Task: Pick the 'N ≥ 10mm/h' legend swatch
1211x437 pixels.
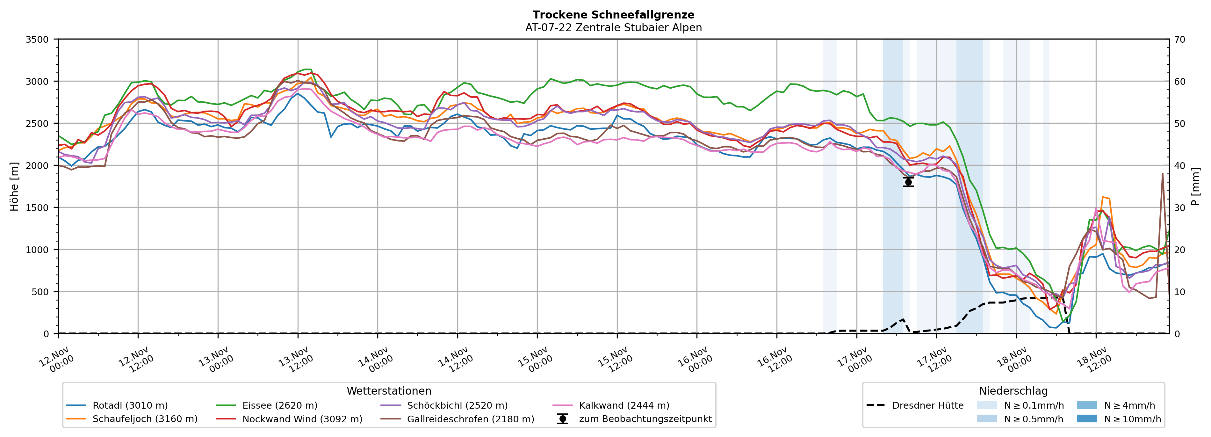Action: pos(1087,419)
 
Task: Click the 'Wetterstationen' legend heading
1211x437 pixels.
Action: pos(389,391)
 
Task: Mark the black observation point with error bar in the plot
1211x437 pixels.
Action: pos(908,182)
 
